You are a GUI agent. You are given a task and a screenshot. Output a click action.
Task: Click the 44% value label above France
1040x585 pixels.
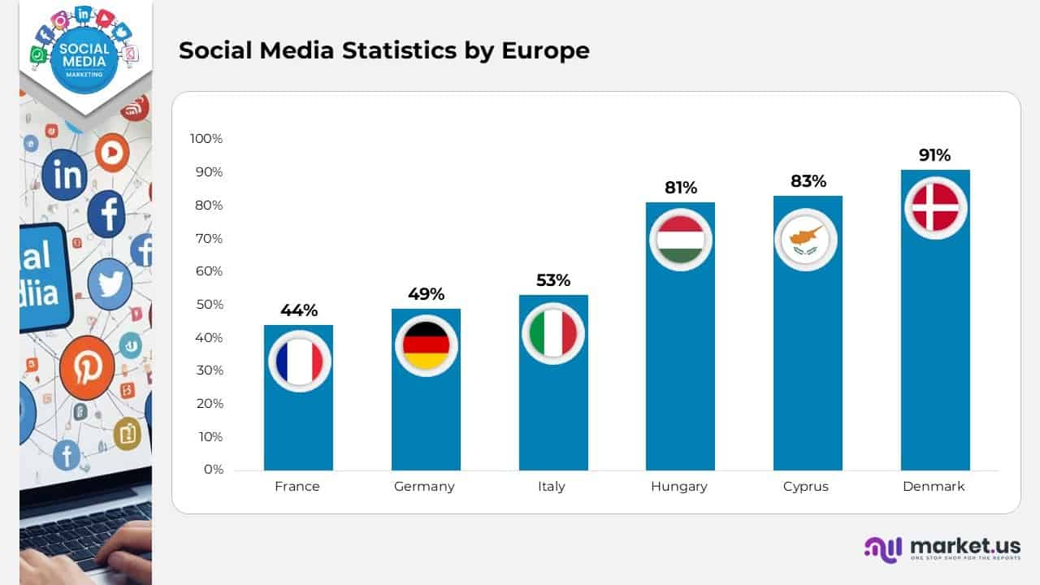point(299,310)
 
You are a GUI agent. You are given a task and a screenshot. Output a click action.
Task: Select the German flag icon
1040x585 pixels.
point(427,344)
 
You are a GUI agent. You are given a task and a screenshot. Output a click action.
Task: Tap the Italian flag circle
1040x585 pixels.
point(553,333)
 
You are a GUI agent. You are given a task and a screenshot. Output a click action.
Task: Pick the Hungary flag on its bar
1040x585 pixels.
point(681,239)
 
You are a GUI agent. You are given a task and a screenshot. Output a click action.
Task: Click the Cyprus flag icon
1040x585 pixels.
point(806,239)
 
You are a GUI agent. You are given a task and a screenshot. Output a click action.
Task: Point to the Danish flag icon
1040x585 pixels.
point(935,207)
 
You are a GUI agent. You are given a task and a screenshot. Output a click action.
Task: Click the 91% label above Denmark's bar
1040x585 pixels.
point(935,155)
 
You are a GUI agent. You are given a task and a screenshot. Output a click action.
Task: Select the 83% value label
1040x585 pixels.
point(808,181)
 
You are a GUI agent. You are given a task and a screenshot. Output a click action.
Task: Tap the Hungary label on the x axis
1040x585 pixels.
point(679,487)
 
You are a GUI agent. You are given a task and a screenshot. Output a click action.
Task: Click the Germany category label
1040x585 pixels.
point(424,487)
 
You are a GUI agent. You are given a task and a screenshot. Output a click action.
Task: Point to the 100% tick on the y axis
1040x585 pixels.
point(206,138)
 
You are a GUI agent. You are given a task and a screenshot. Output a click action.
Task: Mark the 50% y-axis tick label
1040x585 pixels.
point(209,305)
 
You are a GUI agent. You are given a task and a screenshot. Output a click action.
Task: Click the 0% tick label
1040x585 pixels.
point(213,470)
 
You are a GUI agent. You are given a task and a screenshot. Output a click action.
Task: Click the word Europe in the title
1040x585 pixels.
point(545,50)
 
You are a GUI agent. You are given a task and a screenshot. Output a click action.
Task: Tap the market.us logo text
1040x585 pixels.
point(965,545)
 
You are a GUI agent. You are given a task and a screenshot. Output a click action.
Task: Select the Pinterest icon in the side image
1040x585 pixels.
point(86,368)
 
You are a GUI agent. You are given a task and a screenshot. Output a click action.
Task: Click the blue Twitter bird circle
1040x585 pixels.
point(110,284)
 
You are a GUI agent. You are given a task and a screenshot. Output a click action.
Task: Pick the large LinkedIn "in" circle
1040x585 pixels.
point(64,174)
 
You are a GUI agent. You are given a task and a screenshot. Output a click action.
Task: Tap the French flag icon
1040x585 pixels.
point(299,362)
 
